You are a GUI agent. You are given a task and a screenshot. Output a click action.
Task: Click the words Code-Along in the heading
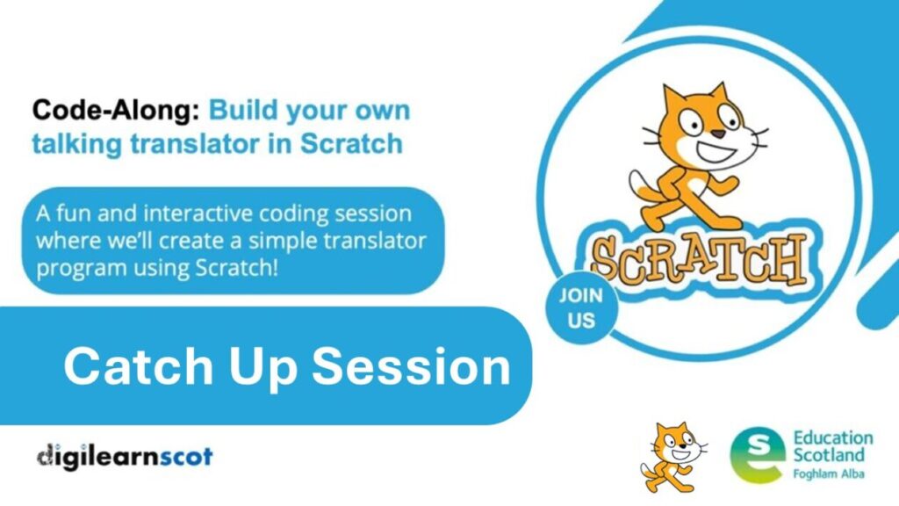[115, 110]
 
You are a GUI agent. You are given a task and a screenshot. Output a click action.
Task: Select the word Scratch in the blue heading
[351, 143]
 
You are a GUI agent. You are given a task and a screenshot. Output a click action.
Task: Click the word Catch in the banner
[138, 366]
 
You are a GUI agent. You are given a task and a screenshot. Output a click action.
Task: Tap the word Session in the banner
[411, 366]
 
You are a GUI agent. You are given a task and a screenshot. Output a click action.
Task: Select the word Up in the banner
[263, 370]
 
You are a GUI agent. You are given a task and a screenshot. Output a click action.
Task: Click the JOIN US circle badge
[581, 308]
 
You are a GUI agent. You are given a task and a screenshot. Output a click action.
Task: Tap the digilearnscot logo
[125, 457]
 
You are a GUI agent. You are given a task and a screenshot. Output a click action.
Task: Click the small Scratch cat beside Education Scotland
[672, 457]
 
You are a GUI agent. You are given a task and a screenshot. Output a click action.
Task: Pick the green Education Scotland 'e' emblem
[756, 454]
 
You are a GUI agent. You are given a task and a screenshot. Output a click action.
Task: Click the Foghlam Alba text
[828, 473]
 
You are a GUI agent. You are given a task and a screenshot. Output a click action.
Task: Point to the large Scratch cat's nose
[718, 134]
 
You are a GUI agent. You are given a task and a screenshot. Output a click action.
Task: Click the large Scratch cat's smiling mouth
[716, 153]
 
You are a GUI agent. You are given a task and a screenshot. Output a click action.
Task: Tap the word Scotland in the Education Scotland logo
[829, 456]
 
